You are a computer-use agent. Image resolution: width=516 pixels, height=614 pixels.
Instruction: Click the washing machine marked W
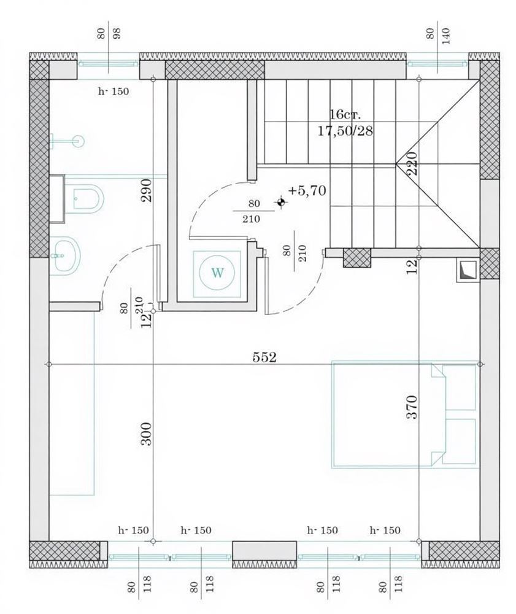coord(217,273)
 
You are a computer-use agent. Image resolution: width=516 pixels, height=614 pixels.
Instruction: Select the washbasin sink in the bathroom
coord(65,255)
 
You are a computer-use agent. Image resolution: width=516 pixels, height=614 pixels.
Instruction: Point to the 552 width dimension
coord(264,357)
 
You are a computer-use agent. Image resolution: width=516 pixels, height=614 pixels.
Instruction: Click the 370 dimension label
coord(412,407)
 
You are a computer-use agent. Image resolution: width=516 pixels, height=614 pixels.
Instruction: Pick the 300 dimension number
coord(146,433)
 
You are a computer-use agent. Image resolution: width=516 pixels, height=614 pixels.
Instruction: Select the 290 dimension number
coord(146,190)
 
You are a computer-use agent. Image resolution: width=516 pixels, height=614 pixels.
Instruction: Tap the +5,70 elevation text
coord(307,191)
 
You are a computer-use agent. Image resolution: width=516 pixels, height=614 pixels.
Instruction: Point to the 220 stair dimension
coord(412,163)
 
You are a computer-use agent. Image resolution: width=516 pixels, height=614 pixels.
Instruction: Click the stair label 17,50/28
coord(345,131)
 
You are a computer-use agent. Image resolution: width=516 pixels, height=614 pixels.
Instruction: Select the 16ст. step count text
coord(344,115)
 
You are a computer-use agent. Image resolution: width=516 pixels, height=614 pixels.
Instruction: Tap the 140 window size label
coord(446,35)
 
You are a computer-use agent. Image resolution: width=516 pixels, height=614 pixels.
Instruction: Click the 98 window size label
coord(117,33)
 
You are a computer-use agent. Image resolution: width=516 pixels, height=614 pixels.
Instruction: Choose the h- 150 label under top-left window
coord(113,91)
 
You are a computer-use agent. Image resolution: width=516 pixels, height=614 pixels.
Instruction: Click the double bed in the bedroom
coord(405,415)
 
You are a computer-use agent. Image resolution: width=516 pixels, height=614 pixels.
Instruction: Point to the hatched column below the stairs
coord(356,258)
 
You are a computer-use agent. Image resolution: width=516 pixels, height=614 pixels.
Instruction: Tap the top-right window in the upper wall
coord(437,64)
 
